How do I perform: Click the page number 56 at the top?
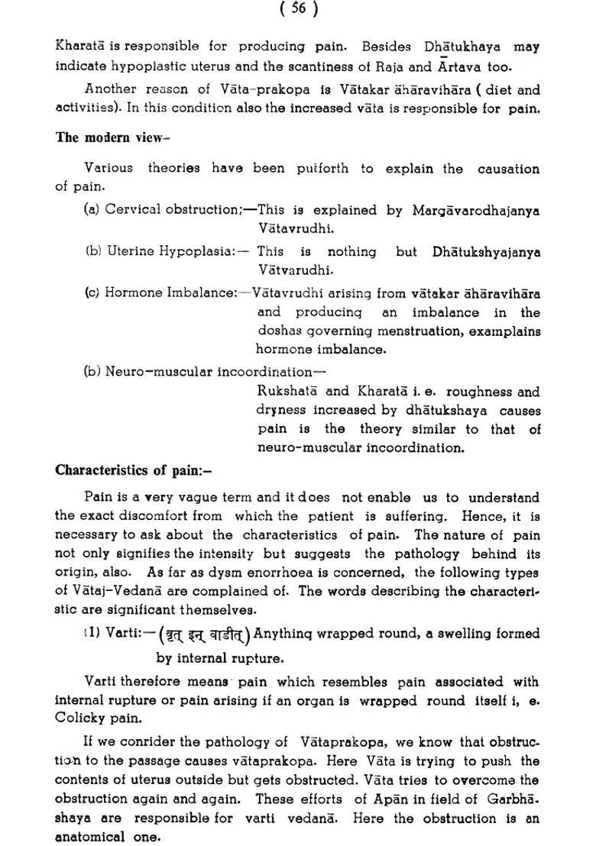tap(299, 8)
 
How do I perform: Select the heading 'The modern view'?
tap(112, 138)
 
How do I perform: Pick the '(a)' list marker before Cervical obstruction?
tap(92, 208)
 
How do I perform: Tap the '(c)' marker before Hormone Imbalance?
tap(92, 293)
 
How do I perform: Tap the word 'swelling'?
tap(452, 634)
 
